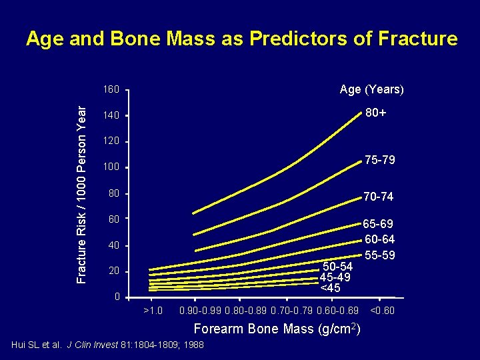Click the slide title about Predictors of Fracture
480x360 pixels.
[x=241, y=39]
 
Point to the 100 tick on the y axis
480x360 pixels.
[x=111, y=167]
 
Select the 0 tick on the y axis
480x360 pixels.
[x=116, y=297]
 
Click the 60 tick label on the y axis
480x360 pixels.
[x=113, y=219]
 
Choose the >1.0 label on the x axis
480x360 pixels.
[x=153, y=311]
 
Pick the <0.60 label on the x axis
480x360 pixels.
[x=382, y=311]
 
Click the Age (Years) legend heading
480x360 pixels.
[x=371, y=90]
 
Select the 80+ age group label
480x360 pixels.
[x=375, y=114]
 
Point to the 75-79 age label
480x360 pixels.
[x=379, y=160]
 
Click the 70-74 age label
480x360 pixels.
[x=378, y=197]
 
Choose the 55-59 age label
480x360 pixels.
[x=379, y=255]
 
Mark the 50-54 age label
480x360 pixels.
[x=337, y=267]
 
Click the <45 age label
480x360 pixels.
[x=331, y=289]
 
